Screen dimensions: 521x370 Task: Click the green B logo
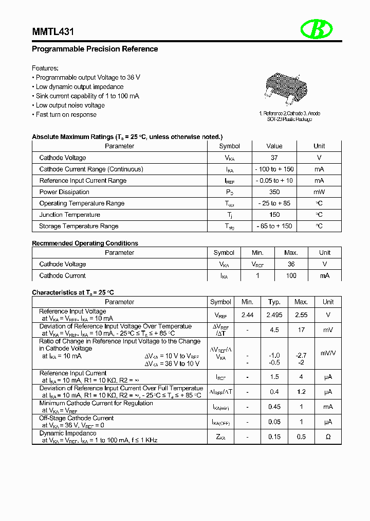click(317, 29)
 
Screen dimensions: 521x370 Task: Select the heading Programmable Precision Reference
click(95, 49)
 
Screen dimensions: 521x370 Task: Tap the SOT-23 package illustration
click(286, 88)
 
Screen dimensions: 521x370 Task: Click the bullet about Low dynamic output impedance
click(79, 87)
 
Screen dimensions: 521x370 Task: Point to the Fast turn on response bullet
click(66, 115)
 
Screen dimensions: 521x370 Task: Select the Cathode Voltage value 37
click(274, 158)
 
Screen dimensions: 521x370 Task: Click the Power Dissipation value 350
click(274, 192)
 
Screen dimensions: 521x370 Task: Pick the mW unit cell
click(319, 192)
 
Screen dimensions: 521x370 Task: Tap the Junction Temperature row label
click(69, 215)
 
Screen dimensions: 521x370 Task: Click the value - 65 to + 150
click(274, 226)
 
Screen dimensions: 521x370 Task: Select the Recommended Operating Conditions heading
click(85, 243)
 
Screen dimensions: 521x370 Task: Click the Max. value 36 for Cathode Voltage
click(291, 264)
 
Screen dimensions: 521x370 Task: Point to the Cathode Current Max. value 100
click(291, 275)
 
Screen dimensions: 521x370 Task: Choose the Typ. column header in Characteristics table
click(274, 302)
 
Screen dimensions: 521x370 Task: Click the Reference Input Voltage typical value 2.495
click(274, 315)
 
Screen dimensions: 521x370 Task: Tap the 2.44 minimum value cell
click(247, 315)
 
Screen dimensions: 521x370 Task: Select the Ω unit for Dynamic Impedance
click(328, 437)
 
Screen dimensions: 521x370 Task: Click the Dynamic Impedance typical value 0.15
click(274, 437)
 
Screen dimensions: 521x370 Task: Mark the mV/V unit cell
click(328, 353)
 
